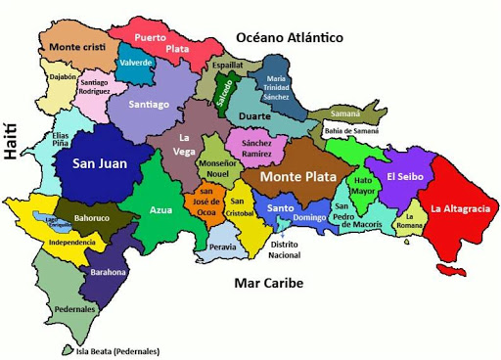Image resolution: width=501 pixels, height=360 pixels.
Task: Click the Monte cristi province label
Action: [77, 47]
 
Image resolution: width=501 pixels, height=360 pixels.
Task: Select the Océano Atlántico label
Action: [290, 37]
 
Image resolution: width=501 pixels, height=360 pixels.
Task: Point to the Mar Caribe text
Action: [269, 283]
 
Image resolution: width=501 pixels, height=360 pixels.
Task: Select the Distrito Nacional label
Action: [285, 249]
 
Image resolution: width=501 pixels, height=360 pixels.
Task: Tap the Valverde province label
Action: [136, 63]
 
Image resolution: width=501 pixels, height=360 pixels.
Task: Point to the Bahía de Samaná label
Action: [350, 131]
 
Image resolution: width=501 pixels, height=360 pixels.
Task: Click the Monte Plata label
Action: [297, 178]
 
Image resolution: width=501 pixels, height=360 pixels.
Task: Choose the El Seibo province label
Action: [404, 177]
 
